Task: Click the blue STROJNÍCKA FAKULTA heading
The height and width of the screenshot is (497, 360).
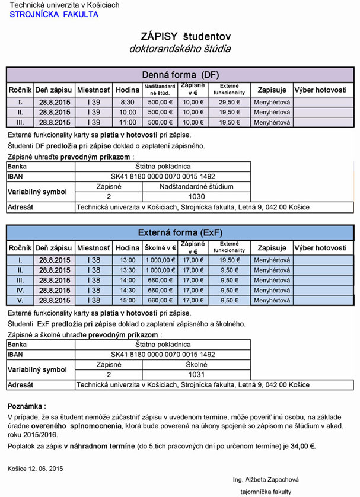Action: (x=54, y=15)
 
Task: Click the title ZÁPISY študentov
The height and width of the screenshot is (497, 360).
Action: (x=180, y=37)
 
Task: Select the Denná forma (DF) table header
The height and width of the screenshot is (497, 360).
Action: (x=180, y=75)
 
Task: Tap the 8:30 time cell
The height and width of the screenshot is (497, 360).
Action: (x=128, y=102)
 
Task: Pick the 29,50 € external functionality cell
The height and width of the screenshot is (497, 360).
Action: (x=229, y=102)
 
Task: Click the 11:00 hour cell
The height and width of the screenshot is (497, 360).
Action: (x=128, y=122)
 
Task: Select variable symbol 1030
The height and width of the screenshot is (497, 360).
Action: (x=196, y=197)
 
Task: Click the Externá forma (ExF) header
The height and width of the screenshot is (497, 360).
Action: (x=180, y=232)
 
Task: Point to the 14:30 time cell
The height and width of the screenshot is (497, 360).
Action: (x=128, y=291)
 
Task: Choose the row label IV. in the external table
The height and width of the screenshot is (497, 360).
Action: (x=20, y=291)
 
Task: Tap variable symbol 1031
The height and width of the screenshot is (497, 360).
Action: (x=196, y=375)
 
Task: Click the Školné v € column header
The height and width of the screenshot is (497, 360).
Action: (x=160, y=247)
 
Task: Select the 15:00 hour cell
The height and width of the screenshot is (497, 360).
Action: (x=128, y=301)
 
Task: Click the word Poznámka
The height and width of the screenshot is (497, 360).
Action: (x=27, y=407)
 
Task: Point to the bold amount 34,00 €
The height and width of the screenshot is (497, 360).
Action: (x=302, y=445)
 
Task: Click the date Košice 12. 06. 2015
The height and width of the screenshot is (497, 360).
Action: (x=35, y=469)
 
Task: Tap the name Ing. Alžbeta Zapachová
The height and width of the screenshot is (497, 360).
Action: (x=266, y=479)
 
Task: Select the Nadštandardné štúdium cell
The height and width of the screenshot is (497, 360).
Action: (x=196, y=187)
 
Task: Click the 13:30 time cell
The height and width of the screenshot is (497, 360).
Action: (x=128, y=270)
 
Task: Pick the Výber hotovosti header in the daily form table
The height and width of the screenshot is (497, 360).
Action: (x=320, y=90)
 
